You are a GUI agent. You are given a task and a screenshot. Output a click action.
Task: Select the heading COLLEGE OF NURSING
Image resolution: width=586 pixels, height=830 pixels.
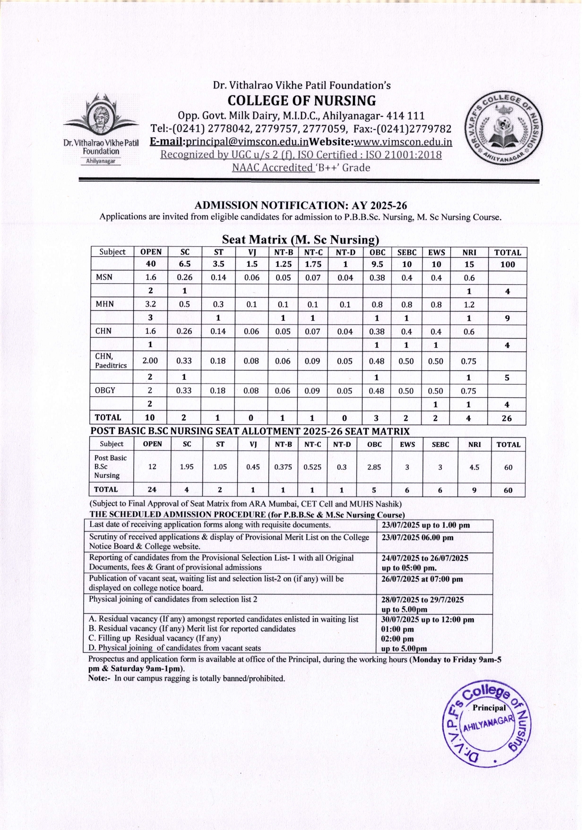(302, 101)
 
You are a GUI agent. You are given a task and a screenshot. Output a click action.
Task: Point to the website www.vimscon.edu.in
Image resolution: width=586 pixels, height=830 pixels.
(403, 142)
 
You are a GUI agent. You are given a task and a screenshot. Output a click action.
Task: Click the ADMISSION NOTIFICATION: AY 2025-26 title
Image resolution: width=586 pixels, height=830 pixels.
(301, 205)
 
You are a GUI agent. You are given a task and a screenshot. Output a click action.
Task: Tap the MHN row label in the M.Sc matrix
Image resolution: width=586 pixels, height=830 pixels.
(104, 304)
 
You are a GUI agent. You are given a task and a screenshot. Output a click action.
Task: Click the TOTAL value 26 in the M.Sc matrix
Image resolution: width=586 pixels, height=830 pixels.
(507, 418)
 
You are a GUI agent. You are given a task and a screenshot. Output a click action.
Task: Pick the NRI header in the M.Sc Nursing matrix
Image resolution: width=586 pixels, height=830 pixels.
(469, 253)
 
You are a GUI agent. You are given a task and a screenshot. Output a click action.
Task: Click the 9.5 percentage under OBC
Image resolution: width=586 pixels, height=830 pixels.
(377, 264)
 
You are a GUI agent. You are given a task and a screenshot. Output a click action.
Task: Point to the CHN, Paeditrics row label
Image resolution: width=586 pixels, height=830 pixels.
(111, 360)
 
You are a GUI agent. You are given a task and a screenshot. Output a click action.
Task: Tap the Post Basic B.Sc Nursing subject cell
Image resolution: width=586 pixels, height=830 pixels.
(110, 467)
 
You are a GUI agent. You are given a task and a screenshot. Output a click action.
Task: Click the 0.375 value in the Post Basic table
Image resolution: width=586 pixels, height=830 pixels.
(283, 467)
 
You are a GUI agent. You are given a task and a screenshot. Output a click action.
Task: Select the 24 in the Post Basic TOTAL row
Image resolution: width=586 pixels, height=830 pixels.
(152, 490)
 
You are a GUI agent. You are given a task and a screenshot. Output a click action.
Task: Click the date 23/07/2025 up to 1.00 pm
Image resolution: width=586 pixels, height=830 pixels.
(425, 525)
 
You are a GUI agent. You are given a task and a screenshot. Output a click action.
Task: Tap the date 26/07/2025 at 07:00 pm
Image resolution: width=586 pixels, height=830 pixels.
(422, 579)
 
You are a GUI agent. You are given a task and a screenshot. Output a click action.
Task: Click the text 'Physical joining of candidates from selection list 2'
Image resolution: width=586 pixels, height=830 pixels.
(173, 599)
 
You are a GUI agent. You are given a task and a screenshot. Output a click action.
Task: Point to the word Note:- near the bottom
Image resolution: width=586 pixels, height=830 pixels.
(100, 678)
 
